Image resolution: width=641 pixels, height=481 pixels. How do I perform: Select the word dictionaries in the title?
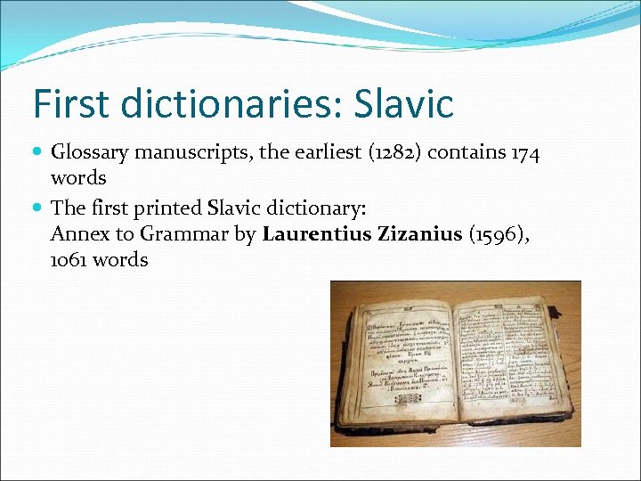point(226,103)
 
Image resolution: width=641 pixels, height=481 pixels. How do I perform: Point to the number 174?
point(523,153)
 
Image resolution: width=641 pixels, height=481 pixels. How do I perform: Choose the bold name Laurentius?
point(314,235)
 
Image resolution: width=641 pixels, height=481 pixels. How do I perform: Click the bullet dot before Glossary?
point(38,153)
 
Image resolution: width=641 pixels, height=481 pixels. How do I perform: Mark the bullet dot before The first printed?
point(38,208)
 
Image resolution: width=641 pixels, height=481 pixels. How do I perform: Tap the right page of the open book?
point(504,356)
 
